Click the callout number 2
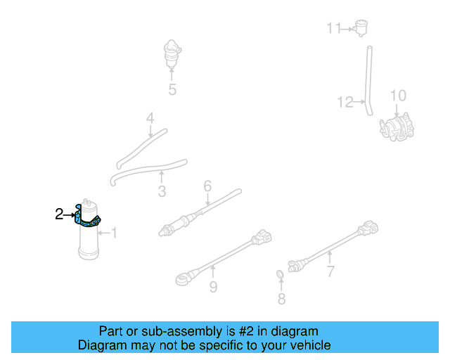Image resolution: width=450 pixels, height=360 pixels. point(59,214)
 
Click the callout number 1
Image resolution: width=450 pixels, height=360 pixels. point(114,233)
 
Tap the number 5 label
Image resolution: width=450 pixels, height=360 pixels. point(172,89)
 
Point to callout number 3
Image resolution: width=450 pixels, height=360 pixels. point(162,191)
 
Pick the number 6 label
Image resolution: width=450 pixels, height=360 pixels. point(207,186)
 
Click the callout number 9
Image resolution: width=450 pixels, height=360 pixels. point(212,286)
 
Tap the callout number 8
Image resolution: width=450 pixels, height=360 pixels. point(281,300)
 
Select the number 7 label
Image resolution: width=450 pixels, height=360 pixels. point(330,272)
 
